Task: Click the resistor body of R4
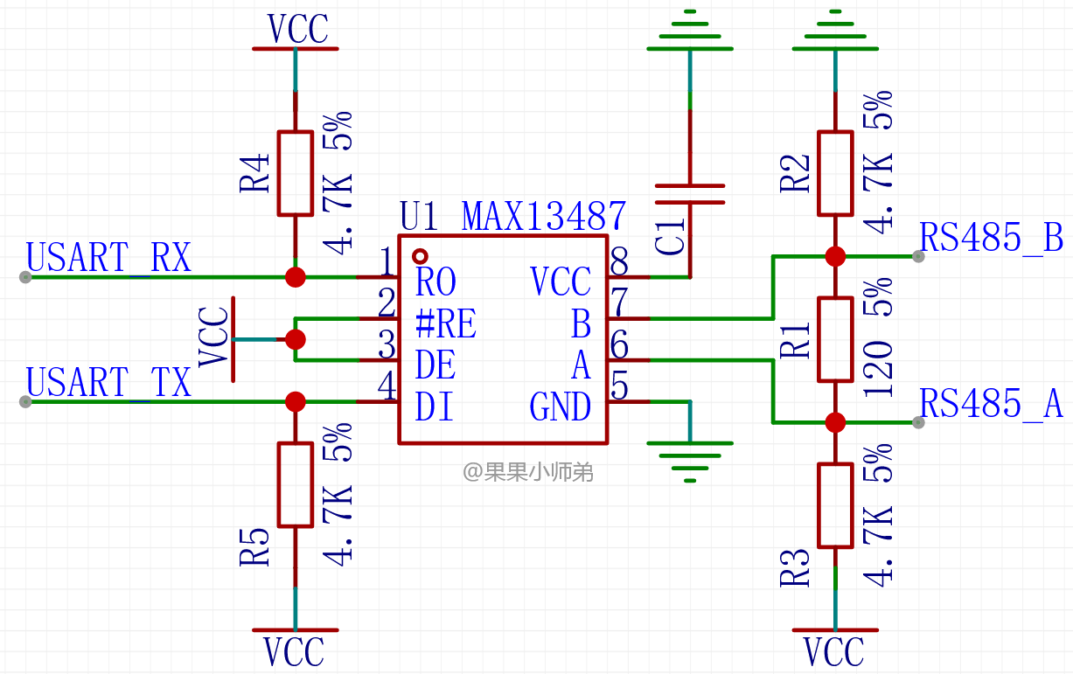pos(296,173)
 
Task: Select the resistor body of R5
pos(296,485)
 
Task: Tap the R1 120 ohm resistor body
pos(835,339)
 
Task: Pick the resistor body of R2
pos(835,173)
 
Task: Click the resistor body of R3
pos(835,505)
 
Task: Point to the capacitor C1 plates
pos(690,194)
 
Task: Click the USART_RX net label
pos(108,258)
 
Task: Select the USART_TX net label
pos(108,382)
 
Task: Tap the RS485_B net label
pos(992,238)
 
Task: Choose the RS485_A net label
pos(992,404)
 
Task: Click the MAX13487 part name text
pos(544,217)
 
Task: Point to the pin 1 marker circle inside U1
pos(420,257)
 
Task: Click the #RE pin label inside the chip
pos(446,323)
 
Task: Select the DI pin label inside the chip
pos(434,406)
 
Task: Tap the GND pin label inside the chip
pos(561,406)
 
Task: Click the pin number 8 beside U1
pos(619,261)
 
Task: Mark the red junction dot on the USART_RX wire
pos(296,277)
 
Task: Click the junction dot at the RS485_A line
pos(835,423)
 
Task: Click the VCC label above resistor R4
pos(297,29)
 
